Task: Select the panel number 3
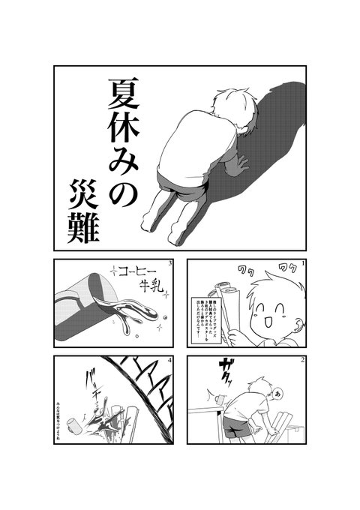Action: (x=172, y=263)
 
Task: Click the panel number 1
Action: (x=302, y=263)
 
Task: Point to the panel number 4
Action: (x=172, y=361)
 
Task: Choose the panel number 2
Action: (x=302, y=361)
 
